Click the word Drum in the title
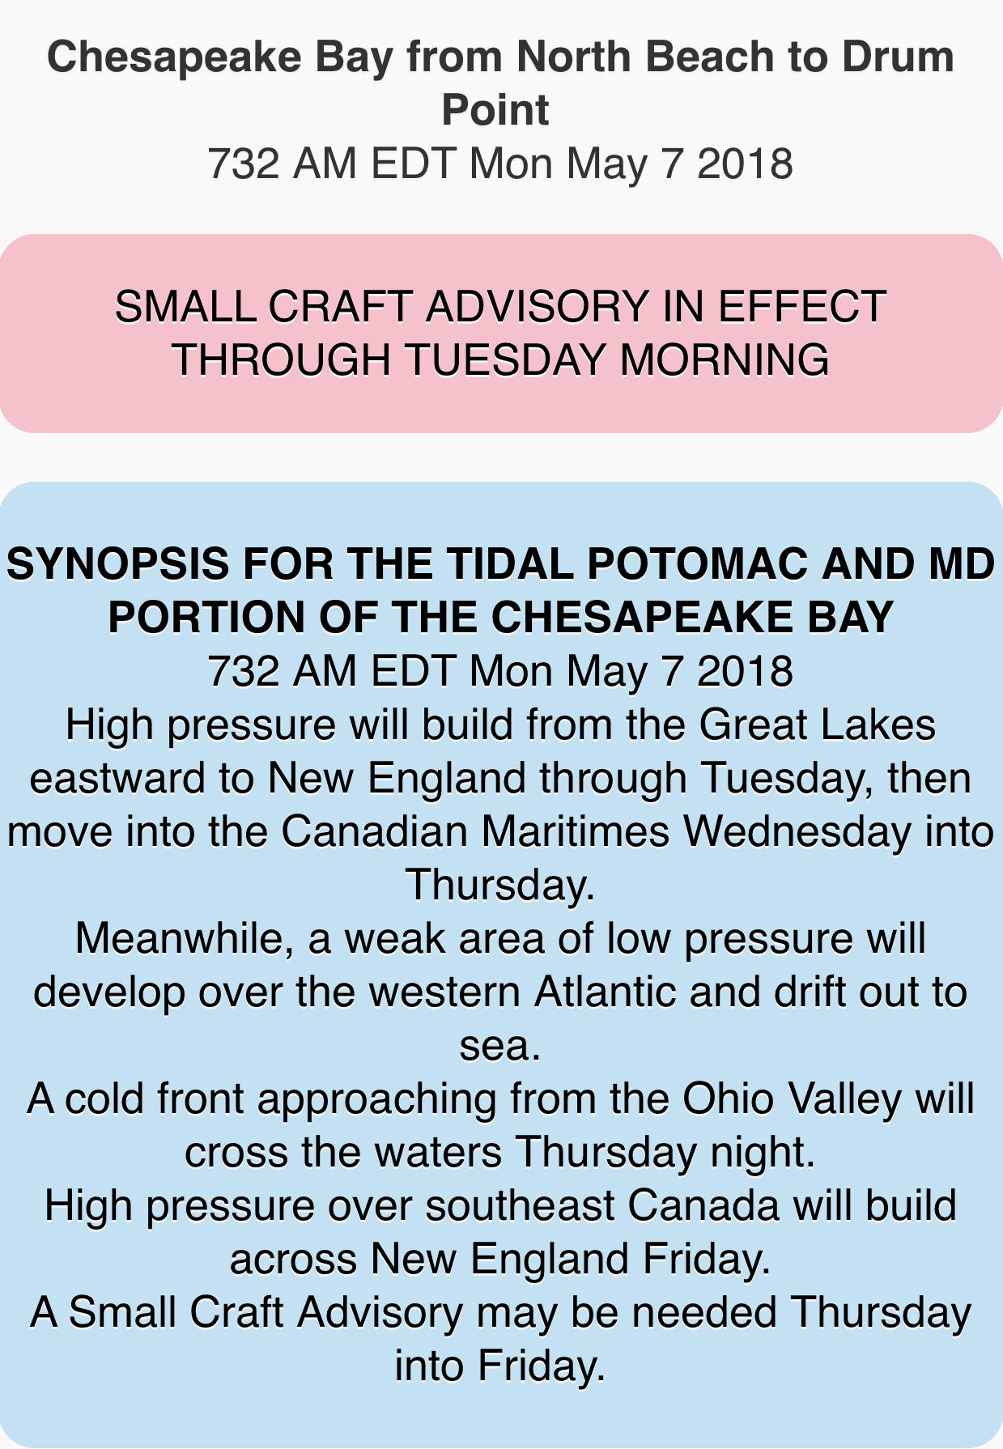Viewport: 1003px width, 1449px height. coord(897,57)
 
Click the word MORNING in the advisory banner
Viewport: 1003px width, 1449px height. coord(724,360)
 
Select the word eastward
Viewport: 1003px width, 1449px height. coord(117,778)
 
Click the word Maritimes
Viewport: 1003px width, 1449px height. coord(576,831)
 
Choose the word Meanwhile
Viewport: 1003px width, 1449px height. coord(185,939)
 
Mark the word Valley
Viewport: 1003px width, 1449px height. coord(844,1100)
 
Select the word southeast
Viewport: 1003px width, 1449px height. coord(520,1205)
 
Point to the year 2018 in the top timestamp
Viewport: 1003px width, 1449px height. coord(745,164)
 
